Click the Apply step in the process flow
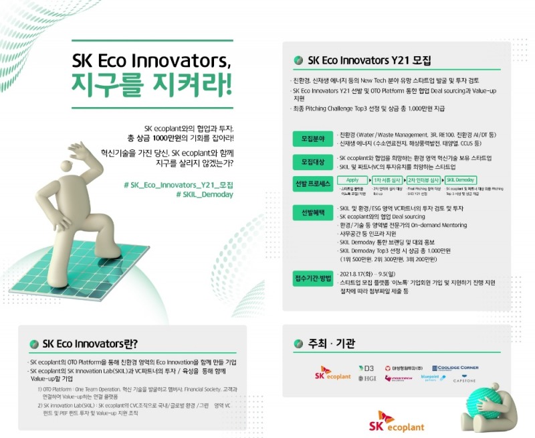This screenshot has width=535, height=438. click(352, 180)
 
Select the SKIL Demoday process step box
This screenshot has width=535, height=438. click(461, 180)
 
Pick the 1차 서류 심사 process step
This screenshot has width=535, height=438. click(388, 180)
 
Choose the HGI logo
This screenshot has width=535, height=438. click(366, 379)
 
